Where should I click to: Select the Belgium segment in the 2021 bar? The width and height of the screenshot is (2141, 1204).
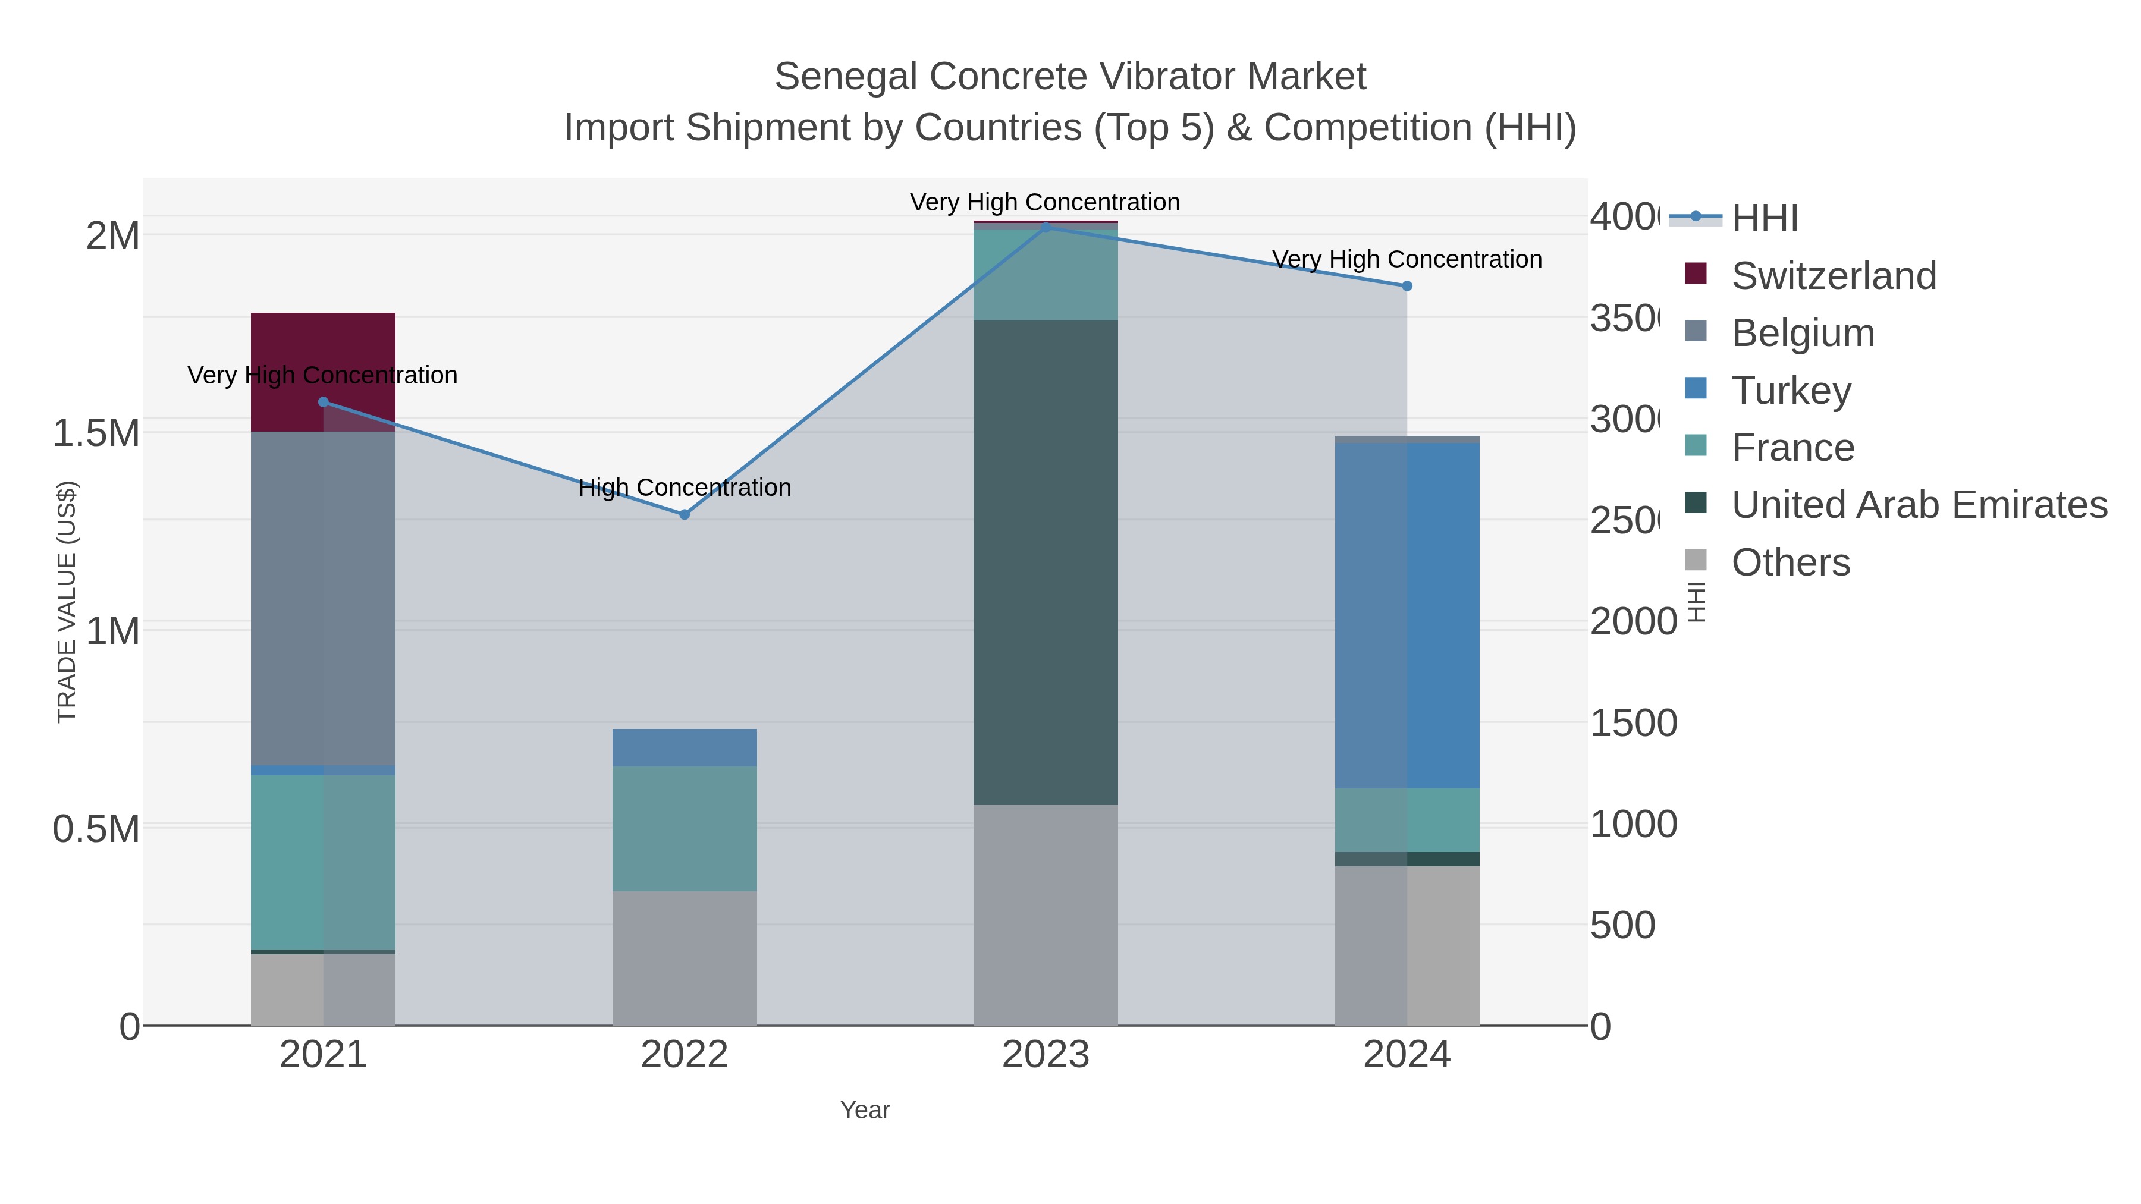point(322,598)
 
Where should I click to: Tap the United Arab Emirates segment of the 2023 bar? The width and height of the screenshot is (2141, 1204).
point(1046,562)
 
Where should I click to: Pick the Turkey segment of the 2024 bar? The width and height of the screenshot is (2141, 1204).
point(1407,615)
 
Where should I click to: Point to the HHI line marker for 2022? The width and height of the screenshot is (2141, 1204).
point(684,515)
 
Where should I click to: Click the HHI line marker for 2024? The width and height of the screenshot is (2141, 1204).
point(1407,286)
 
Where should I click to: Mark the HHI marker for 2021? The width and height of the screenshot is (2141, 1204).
point(324,402)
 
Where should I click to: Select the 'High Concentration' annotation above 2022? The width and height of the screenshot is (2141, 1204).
point(684,488)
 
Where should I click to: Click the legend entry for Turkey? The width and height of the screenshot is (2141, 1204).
point(1791,391)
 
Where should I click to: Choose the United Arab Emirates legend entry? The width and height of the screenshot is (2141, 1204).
point(1918,505)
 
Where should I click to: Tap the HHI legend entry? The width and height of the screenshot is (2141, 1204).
point(1764,219)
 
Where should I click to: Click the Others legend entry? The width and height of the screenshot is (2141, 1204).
point(1790,562)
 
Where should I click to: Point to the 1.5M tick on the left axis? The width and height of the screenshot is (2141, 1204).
point(96,433)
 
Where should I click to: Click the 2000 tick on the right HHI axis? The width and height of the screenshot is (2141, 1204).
point(1633,621)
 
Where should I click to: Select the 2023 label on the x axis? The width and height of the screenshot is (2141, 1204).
point(1046,1055)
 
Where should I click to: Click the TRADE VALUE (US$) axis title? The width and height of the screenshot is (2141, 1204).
point(67,602)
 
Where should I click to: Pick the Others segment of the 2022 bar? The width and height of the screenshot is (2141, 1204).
point(684,958)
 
